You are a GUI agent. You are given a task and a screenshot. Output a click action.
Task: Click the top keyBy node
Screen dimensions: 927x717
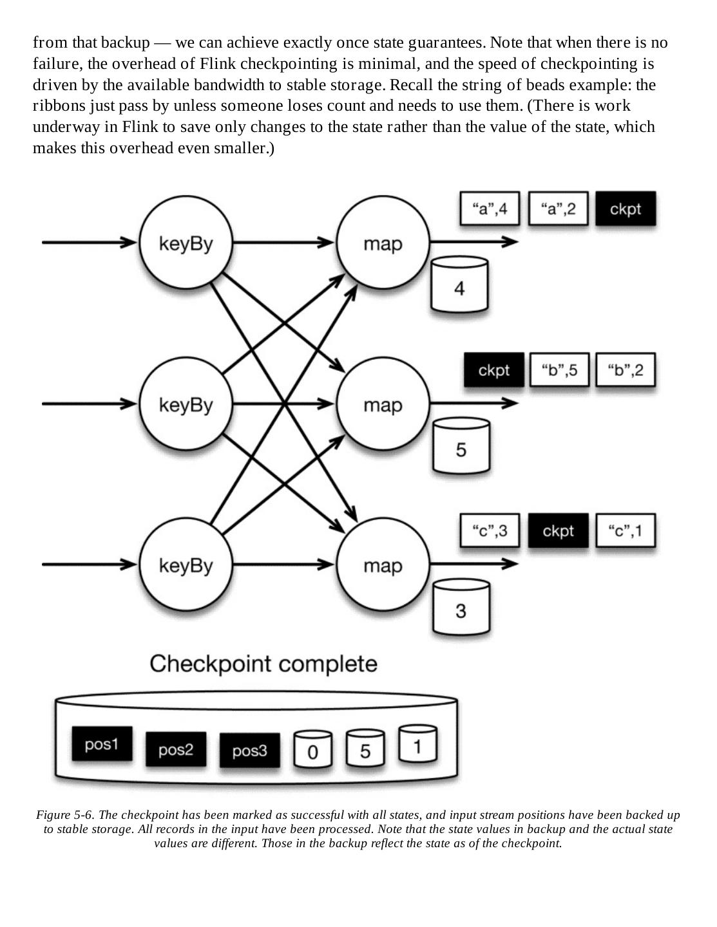[x=186, y=243]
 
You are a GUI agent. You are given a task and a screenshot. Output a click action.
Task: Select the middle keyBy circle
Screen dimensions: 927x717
[x=186, y=404]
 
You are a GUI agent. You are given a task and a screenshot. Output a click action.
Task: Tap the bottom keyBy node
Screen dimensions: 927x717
[x=186, y=565]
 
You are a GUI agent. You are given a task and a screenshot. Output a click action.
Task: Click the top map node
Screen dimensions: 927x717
[x=383, y=243]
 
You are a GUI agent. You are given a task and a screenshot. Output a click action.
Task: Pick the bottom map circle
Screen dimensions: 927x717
[x=383, y=565]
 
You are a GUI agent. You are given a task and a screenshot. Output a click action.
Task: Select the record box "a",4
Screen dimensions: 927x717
[x=490, y=209]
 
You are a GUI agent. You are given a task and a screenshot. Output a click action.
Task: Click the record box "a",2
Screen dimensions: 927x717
[x=558, y=209]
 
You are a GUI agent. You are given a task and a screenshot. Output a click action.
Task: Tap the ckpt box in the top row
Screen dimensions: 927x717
[x=626, y=209]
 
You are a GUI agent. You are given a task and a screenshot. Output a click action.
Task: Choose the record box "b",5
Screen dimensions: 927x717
[x=559, y=370]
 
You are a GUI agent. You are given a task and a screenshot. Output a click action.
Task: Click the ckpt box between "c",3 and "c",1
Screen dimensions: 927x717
[x=558, y=531]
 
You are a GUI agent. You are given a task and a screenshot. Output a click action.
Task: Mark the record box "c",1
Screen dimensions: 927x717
[x=626, y=531]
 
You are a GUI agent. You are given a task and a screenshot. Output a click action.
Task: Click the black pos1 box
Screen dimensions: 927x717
[x=102, y=744]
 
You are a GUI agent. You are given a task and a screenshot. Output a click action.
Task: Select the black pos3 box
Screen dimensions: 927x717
[x=249, y=751]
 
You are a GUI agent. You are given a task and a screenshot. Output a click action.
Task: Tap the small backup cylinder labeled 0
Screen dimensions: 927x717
[x=313, y=749]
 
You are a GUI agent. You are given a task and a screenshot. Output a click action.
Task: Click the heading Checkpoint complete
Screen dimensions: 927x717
[x=263, y=664]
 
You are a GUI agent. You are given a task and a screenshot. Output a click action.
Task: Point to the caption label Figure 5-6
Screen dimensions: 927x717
[x=64, y=815]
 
